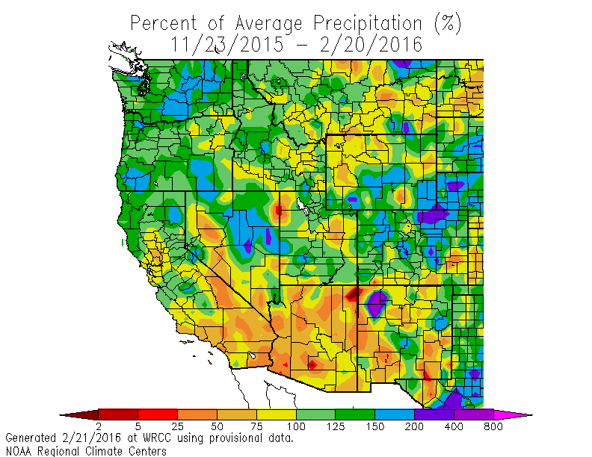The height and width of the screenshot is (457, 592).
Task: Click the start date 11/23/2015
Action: tap(227, 44)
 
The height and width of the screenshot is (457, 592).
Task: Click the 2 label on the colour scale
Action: tap(99, 426)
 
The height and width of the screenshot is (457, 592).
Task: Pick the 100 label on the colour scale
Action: tap(296, 426)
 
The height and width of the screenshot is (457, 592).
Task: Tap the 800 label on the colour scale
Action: tap(493, 426)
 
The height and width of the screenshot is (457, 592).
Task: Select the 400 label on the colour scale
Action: tap(454, 426)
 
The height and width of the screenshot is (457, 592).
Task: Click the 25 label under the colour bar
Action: tap(177, 426)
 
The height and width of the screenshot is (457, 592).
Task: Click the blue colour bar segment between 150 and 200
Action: tap(394, 414)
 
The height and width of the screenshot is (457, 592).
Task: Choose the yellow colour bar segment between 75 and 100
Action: tap(276, 414)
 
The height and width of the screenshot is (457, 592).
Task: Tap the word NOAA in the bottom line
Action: tap(19, 450)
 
